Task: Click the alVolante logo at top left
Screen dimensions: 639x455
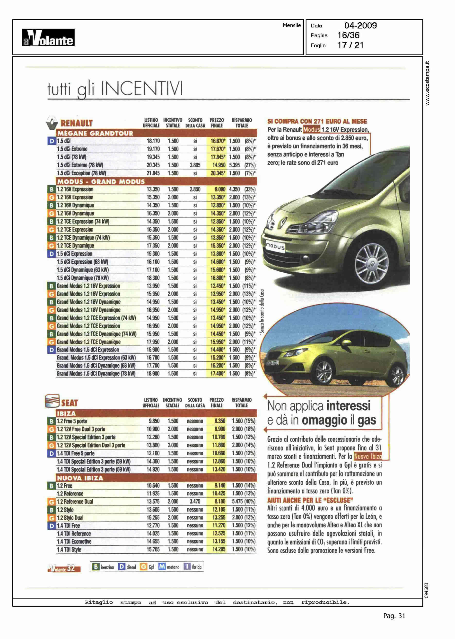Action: tap(48, 37)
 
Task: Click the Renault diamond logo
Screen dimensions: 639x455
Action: tap(52, 123)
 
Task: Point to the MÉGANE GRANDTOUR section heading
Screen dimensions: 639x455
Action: tap(95, 134)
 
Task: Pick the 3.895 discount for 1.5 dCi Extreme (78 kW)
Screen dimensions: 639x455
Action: tap(195, 165)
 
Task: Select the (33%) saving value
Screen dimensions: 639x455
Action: tap(250, 189)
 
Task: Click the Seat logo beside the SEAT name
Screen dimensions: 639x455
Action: tap(52, 401)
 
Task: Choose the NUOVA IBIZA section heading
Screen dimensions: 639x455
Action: tap(80, 478)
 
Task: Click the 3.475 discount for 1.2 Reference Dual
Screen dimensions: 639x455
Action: tap(195, 501)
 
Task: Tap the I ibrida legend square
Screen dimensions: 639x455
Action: tap(187, 567)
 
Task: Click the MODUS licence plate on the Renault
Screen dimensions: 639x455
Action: tap(275, 247)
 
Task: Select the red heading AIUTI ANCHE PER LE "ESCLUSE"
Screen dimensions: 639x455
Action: tap(310, 500)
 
